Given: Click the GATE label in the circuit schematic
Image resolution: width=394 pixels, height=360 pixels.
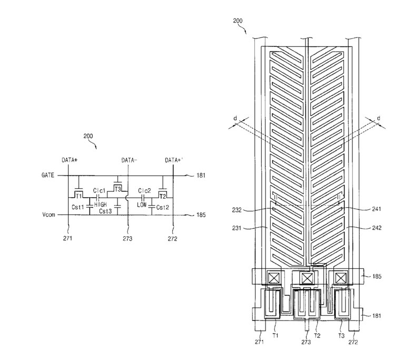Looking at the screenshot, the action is click(48, 175).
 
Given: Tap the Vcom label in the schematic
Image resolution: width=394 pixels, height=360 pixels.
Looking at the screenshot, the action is click(48, 215).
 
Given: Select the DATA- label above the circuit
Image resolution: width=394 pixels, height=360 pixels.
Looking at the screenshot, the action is click(129, 160).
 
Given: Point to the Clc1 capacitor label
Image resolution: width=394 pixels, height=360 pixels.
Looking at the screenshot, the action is click(99, 191).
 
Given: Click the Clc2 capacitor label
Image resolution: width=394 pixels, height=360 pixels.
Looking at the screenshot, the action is click(144, 191).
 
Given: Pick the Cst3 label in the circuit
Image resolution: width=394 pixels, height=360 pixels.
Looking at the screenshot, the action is click(105, 211).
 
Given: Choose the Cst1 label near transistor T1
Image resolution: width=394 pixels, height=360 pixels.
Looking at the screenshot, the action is click(77, 207).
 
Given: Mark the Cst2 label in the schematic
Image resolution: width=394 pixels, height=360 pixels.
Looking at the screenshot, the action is click(163, 207).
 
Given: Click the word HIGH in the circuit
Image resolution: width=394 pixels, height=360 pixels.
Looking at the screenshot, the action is click(101, 205).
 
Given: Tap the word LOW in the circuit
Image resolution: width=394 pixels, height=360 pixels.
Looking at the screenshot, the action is click(142, 205).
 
